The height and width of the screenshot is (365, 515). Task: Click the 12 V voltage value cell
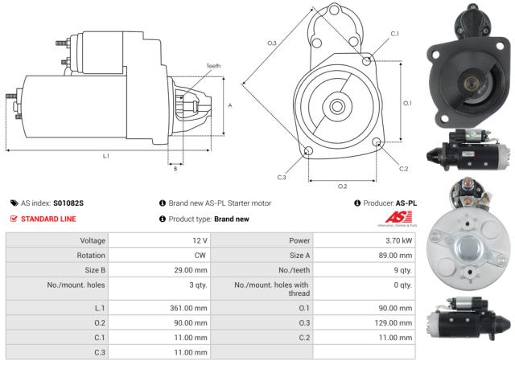click(x=199, y=240)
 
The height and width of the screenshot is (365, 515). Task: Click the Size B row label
click(x=89, y=271)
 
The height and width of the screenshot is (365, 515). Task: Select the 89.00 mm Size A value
click(x=395, y=256)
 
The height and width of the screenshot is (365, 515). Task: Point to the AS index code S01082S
click(x=68, y=203)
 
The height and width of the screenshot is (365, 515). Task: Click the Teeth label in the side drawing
click(x=213, y=66)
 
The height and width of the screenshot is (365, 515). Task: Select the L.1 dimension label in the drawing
click(x=105, y=155)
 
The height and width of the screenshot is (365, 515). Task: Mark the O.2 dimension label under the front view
click(x=342, y=187)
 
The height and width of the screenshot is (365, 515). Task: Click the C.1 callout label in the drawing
click(x=394, y=34)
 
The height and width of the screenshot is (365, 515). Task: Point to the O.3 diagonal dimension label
click(x=272, y=43)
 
